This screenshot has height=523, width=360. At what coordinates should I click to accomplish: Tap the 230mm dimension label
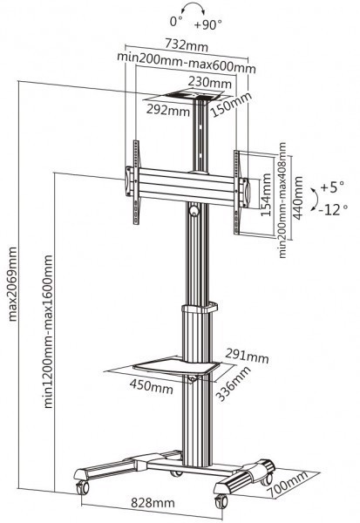coord(214,83)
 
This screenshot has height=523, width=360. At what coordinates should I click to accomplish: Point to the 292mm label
coord(167,111)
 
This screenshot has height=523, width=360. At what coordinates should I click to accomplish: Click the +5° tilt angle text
coord(331,187)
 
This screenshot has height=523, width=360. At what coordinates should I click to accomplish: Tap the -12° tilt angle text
coord(333,208)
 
